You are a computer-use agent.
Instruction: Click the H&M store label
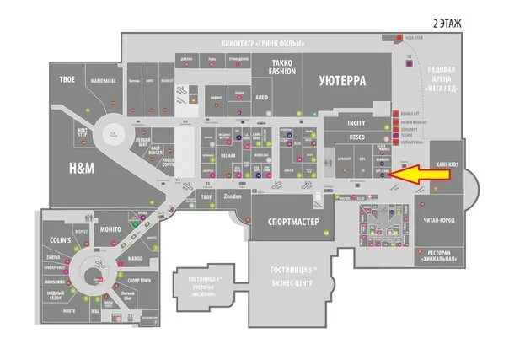(x=81, y=169)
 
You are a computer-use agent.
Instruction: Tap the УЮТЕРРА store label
(x=342, y=81)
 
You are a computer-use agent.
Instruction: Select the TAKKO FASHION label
(x=283, y=67)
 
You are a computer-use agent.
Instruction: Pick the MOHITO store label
(x=110, y=229)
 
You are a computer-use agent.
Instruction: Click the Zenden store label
(x=233, y=196)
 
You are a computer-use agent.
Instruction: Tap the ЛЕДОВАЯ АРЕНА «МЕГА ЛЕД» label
(x=442, y=75)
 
